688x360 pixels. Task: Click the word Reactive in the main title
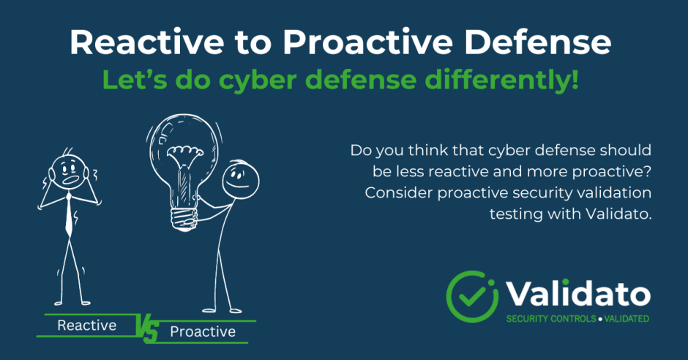click(x=147, y=42)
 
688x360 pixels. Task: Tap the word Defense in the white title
click(x=537, y=42)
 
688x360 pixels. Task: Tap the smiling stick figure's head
click(x=241, y=180)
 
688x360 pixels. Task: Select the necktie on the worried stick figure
click(x=69, y=216)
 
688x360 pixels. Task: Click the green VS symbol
click(x=146, y=329)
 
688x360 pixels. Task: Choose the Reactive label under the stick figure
click(x=87, y=326)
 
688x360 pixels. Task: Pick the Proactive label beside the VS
click(x=203, y=331)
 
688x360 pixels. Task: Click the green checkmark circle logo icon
click(x=472, y=296)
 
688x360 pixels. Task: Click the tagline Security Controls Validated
click(x=577, y=319)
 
